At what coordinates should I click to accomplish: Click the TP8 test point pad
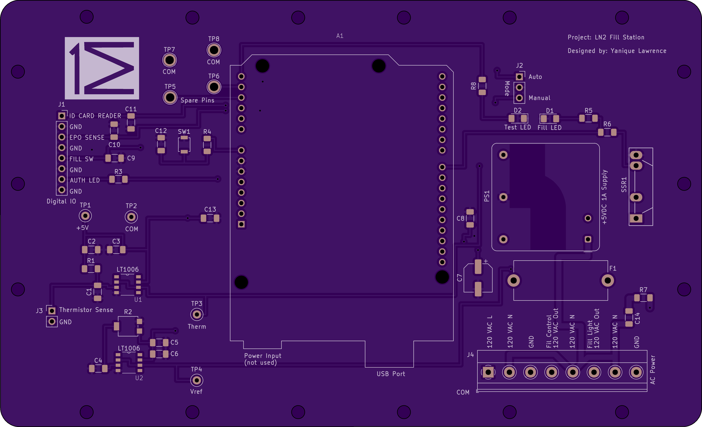tap(214, 50)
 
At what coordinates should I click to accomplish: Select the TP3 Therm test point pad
tap(197, 314)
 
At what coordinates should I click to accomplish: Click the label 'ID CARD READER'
tap(95, 116)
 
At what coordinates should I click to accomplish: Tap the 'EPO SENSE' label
tap(87, 137)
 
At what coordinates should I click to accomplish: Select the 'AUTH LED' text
tap(85, 180)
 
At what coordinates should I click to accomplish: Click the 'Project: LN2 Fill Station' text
tap(606, 37)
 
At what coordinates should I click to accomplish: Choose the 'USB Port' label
tap(391, 374)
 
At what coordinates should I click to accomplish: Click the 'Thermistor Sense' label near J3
tap(86, 310)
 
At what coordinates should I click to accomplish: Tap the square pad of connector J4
tap(488, 372)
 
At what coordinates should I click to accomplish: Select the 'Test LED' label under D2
tap(518, 127)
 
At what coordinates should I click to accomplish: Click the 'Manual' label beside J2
tap(539, 98)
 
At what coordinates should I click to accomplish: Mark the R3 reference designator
tap(118, 172)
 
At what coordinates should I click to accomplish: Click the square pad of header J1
tap(62, 116)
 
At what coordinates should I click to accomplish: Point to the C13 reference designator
tap(210, 209)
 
